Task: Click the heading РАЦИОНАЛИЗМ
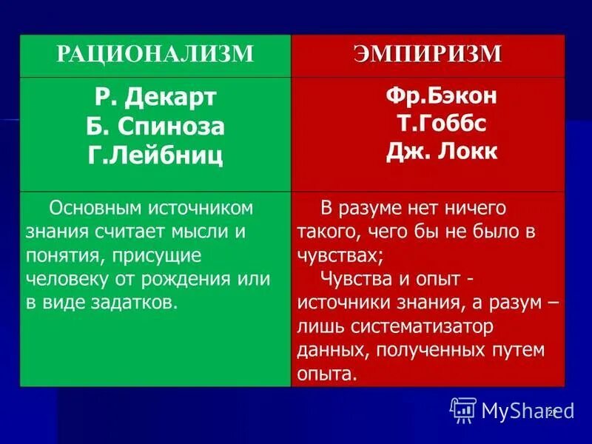pos(155,54)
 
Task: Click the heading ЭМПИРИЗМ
pos(428,54)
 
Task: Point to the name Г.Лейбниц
pos(155,155)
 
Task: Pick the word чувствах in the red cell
pos(337,255)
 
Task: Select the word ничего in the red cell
pos(468,208)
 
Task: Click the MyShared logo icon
pos(463,409)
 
